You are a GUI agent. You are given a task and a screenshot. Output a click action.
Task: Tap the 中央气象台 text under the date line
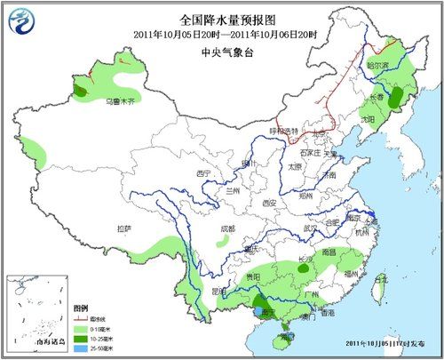[222, 52]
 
